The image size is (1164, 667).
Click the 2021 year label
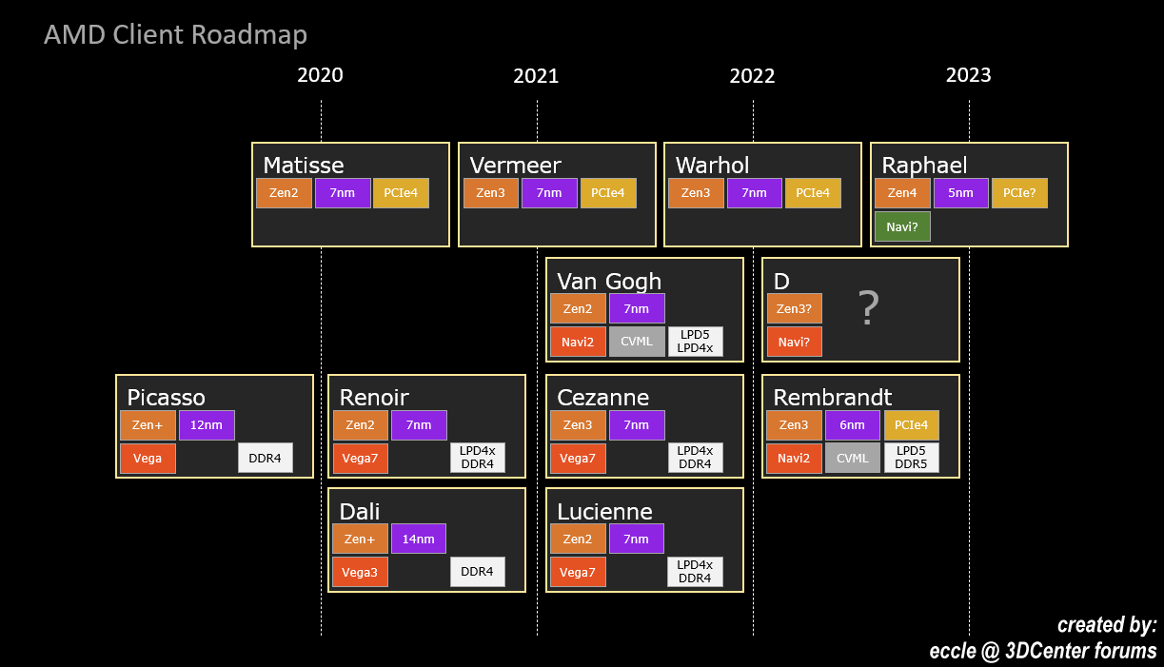point(536,76)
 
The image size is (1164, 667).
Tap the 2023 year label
point(968,75)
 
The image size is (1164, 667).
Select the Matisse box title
point(303,166)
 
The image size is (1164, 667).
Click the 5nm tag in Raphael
point(960,193)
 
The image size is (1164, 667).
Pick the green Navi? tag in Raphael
point(902,227)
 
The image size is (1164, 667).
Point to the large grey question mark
point(867,308)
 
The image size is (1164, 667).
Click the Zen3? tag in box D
point(794,308)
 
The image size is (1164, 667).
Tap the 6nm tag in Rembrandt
point(852,425)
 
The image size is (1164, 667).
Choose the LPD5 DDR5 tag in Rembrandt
point(911,458)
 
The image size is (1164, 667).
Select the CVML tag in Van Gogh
point(637,341)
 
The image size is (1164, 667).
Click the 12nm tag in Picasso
point(207,425)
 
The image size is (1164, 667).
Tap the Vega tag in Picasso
point(148,458)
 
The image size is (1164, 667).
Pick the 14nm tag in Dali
point(418,539)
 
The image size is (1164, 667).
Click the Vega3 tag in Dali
point(360,572)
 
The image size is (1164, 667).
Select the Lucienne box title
point(604,511)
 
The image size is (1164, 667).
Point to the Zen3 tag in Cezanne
point(578,425)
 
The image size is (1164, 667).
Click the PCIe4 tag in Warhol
point(812,193)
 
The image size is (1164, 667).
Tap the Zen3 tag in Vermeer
point(491,193)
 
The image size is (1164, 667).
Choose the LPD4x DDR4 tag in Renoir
point(478,458)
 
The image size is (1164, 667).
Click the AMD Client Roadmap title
point(175,35)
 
